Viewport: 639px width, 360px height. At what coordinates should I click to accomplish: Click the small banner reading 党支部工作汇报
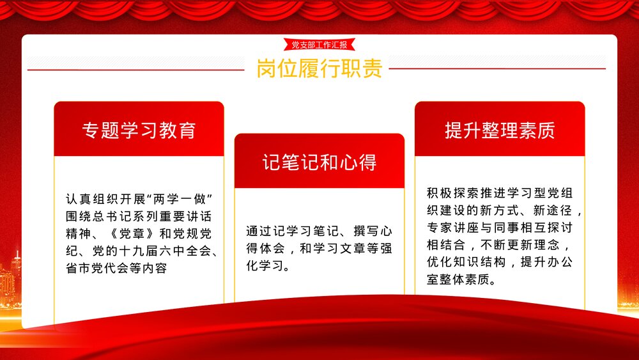tap(319, 45)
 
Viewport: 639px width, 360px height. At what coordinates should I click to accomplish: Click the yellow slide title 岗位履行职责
tap(319, 68)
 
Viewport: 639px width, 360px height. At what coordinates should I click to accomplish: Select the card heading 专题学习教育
tap(139, 130)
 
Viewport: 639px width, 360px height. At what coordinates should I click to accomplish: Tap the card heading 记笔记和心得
tap(319, 162)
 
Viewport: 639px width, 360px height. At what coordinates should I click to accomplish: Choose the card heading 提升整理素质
tap(500, 130)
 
